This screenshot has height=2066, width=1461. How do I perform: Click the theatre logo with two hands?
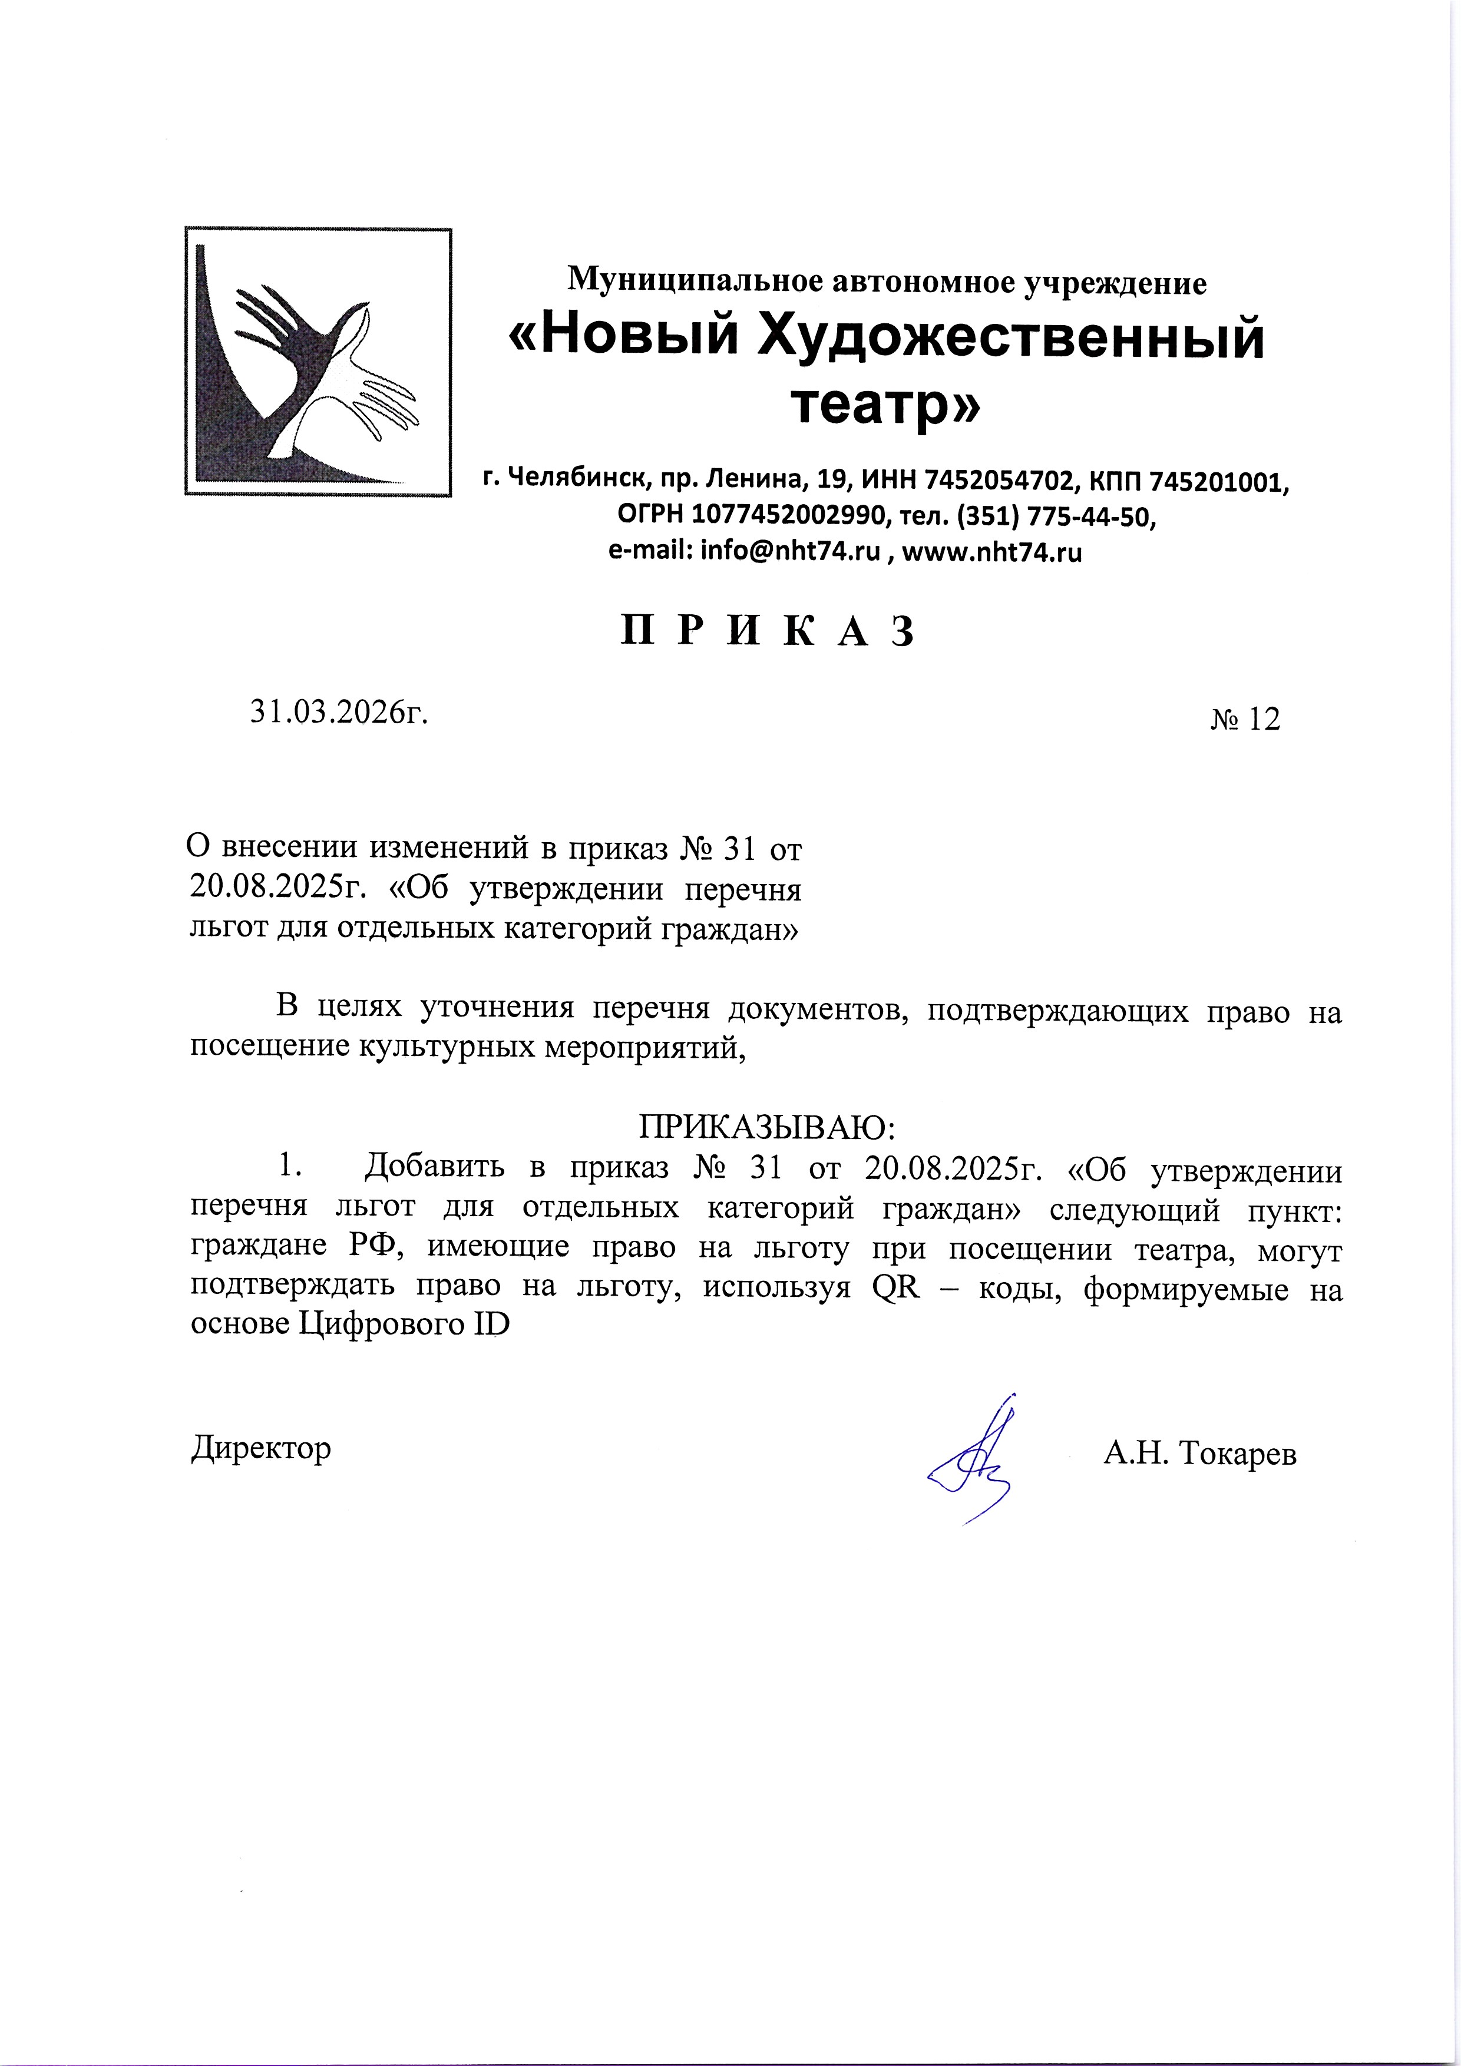click(318, 362)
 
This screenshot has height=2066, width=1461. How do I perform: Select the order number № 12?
click(1244, 720)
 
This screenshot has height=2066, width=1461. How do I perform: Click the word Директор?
click(261, 1448)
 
